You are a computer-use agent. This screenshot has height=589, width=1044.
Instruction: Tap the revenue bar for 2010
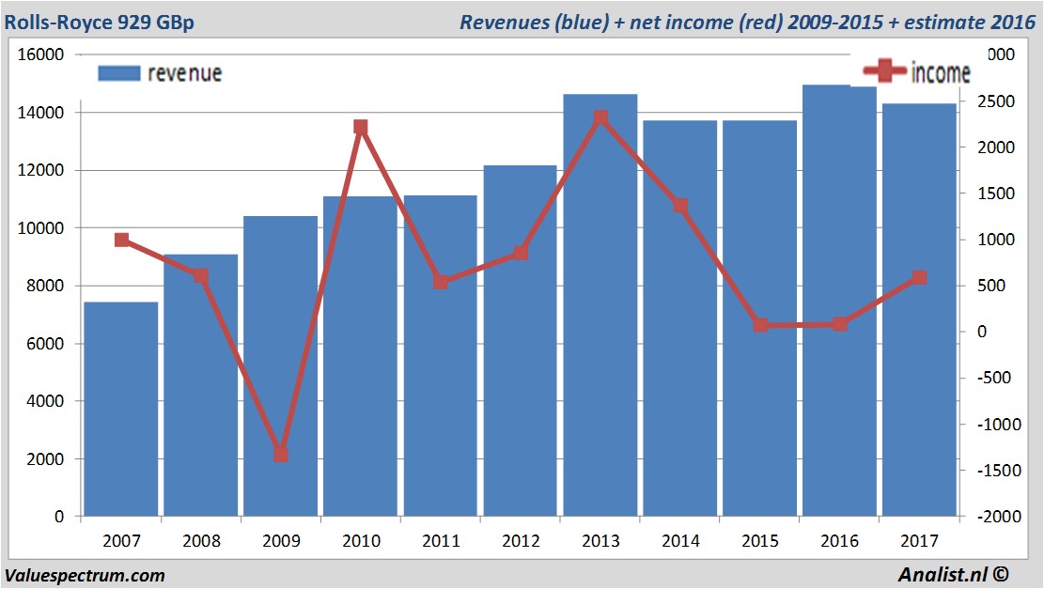pos(360,357)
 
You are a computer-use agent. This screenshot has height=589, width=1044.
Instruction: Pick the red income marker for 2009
pos(280,455)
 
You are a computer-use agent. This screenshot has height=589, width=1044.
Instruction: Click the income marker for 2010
pos(360,127)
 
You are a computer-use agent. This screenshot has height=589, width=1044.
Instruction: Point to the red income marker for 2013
pos(600,117)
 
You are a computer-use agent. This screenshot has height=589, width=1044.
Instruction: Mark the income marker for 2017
pos(920,278)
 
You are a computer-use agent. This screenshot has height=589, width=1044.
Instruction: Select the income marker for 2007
pos(121,240)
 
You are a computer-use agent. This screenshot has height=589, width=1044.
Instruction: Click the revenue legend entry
pos(160,73)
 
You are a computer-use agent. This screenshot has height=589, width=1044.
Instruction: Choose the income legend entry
pos(917,71)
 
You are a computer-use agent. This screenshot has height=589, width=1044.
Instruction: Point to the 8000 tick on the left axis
pos(42,286)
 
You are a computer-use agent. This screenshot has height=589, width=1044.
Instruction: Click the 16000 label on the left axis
pos(39,54)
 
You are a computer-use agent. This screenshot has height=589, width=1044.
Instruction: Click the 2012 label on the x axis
pos(521,541)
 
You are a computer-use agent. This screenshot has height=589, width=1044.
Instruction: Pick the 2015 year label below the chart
pos(760,541)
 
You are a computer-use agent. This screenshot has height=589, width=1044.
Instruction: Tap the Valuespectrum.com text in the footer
pos(85,575)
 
